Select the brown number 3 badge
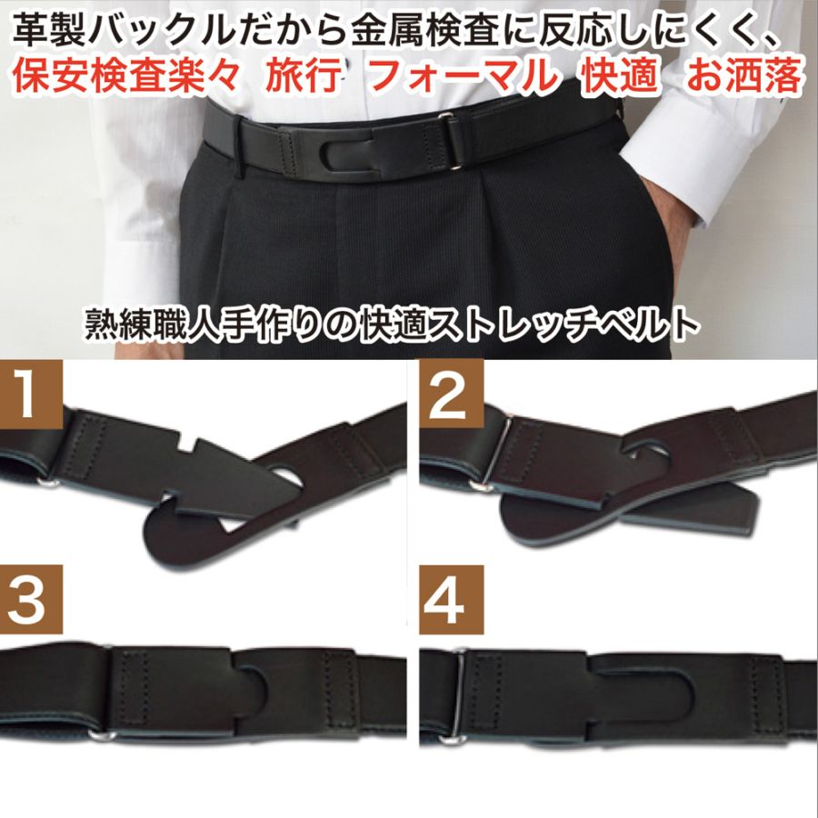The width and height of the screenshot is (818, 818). point(32,599)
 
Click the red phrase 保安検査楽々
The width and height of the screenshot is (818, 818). point(128,77)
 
